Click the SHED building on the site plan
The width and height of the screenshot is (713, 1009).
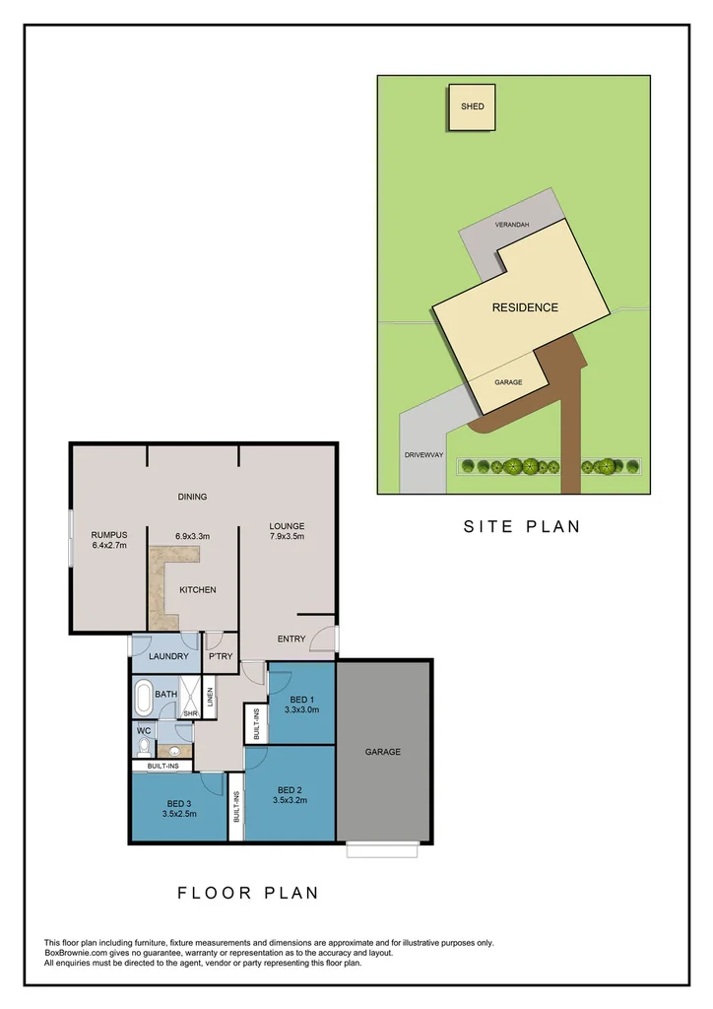pyautogui.click(x=473, y=107)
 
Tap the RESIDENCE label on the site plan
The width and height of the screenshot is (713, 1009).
pyautogui.click(x=525, y=307)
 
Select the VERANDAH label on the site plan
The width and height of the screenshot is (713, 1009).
pyautogui.click(x=512, y=226)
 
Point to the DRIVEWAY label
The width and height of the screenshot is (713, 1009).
pyautogui.click(x=424, y=455)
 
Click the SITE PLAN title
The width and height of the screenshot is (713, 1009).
pyautogui.click(x=522, y=526)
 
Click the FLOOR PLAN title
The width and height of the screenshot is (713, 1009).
pyautogui.click(x=248, y=893)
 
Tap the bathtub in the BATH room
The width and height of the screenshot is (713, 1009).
pyautogui.click(x=144, y=699)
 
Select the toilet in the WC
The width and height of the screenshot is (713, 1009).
pyautogui.click(x=144, y=745)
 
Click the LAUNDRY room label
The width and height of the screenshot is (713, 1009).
pyautogui.click(x=167, y=655)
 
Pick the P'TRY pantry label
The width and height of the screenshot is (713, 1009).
pyautogui.click(x=220, y=655)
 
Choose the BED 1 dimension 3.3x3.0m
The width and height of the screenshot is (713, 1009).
pyautogui.click(x=301, y=708)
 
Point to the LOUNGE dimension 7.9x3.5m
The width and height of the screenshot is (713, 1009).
pyautogui.click(x=287, y=537)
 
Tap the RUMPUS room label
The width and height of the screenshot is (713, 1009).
pyautogui.click(x=109, y=535)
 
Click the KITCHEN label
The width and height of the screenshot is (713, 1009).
pyautogui.click(x=197, y=589)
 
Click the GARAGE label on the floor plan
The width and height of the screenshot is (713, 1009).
pyautogui.click(x=383, y=752)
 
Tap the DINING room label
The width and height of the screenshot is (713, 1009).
pyautogui.click(x=192, y=497)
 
